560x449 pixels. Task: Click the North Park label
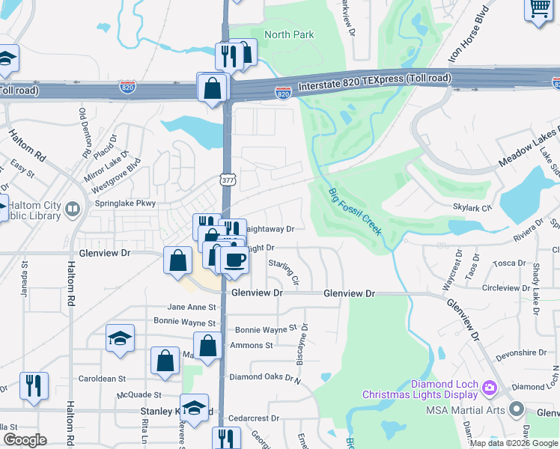click(x=290, y=34)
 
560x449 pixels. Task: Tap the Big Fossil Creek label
click(x=356, y=212)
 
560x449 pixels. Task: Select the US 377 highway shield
click(x=228, y=180)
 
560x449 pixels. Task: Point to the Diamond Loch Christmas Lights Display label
click(x=419, y=388)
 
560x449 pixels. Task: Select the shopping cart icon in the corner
click(x=540, y=10)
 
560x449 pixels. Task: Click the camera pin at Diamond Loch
click(x=490, y=387)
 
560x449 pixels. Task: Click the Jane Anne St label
click(x=192, y=307)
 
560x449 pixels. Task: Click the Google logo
click(x=24, y=440)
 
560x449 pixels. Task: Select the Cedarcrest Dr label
click(x=253, y=418)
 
